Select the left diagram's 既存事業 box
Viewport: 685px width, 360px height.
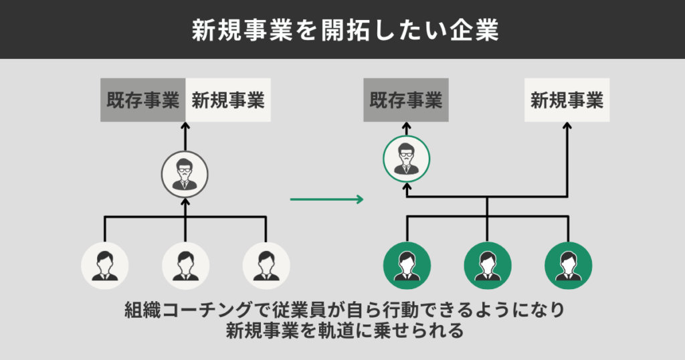142,100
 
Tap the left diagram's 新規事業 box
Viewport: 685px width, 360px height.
228,100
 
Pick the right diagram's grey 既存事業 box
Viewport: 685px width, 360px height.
406,100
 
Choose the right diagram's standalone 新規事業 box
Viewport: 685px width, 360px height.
567,100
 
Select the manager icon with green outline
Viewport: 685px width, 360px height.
406,159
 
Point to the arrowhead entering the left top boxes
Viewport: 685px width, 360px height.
185,127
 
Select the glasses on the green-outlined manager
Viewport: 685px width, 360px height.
406,155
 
